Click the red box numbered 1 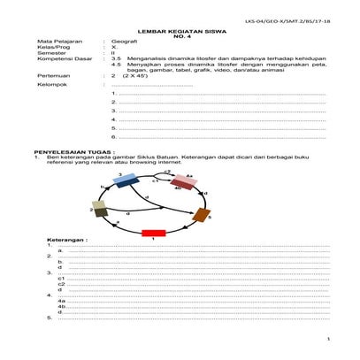(x=154, y=233)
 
